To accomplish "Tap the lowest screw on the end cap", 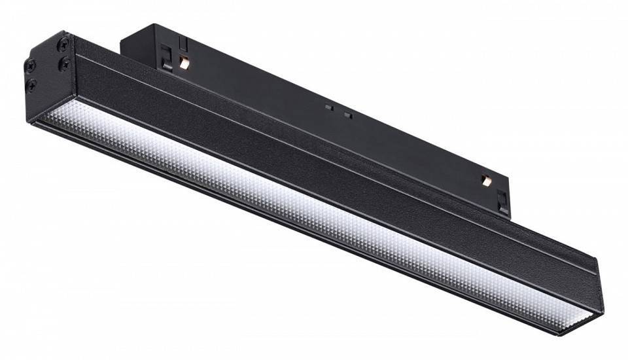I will pos(31,84).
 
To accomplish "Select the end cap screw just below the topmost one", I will pos(64,63).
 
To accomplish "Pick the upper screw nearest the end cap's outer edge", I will pos(30,65).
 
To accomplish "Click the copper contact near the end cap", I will pos(184,64).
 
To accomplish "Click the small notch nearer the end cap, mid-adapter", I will pos(329,105).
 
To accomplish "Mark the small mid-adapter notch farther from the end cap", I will pos(348,116).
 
